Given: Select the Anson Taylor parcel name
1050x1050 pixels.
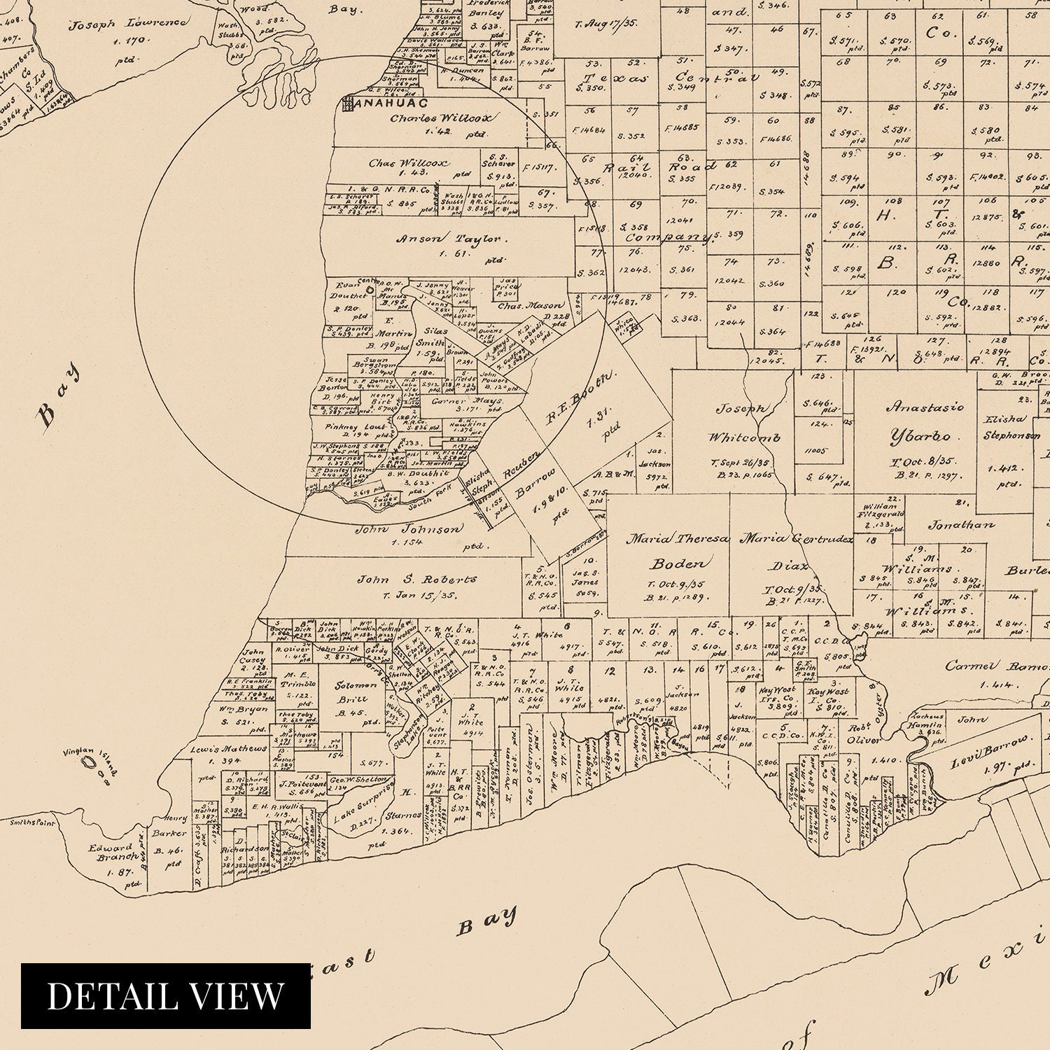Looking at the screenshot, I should click(451, 239).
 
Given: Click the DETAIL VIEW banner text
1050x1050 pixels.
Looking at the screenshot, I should click(166, 995).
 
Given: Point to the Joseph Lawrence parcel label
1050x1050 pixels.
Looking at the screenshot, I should click(128, 24).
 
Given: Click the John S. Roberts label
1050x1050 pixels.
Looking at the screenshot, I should click(417, 580).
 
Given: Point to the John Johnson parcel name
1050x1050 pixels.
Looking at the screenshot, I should click(409, 529).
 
